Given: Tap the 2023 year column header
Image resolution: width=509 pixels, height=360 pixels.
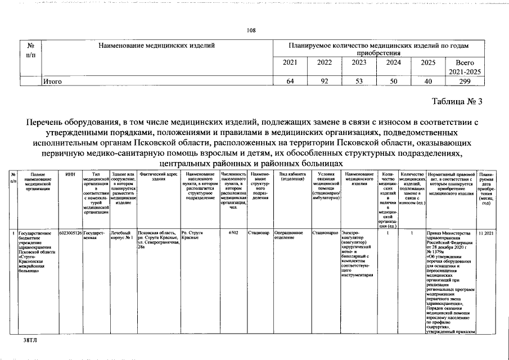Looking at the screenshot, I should point(359,62).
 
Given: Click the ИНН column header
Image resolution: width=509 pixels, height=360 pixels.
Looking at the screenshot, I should point(70,175).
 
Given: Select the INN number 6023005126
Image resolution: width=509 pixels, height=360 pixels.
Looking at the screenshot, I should point(70,232).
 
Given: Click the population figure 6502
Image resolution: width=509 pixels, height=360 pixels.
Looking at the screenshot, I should point(233,232).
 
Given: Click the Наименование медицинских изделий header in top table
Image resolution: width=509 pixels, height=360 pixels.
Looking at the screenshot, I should point(157,44).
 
